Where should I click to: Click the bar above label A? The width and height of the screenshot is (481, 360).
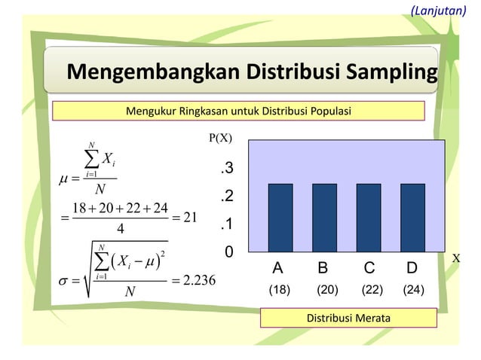click(280, 217)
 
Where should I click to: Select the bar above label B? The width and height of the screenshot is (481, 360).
click(324, 217)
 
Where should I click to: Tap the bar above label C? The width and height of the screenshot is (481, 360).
click(369, 217)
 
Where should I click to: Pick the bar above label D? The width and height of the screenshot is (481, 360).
click(412, 217)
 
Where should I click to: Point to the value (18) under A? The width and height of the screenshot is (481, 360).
click(280, 289)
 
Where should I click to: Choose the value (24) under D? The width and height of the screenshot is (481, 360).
click(413, 289)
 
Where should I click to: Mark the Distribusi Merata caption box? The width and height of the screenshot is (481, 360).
click(348, 319)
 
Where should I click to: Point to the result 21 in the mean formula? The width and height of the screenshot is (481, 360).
click(190, 218)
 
